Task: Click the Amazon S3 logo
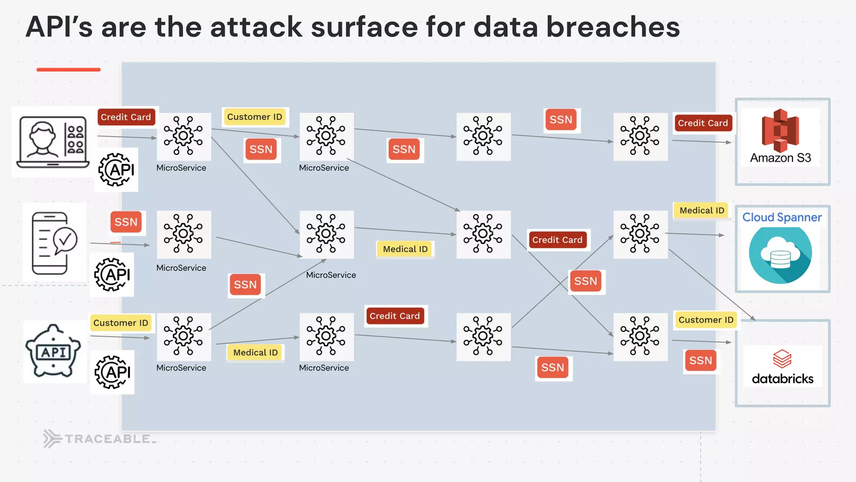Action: tap(780, 131)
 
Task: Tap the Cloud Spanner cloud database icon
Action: tap(780, 255)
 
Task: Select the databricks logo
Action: tap(782, 367)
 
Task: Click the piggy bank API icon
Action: tap(53, 351)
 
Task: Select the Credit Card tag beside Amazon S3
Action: tap(703, 123)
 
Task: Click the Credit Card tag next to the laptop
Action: tap(126, 117)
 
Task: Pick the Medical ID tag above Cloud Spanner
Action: tap(701, 210)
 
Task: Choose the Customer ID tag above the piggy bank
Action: tap(120, 323)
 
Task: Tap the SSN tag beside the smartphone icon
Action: tap(126, 222)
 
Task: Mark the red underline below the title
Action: tap(69, 70)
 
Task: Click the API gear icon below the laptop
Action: tap(116, 170)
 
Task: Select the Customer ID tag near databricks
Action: tap(706, 320)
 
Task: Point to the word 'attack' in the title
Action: tap(256, 27)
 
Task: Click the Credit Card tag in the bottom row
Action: tap(395, 316)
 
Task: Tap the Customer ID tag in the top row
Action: tap(255, 117)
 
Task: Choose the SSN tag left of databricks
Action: tap(701, 361)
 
